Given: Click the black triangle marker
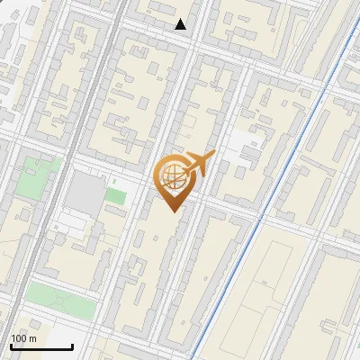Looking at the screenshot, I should [x=181, y=24].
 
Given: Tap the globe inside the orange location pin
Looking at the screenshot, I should [x=173, y=176].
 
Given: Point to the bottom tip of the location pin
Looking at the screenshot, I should [x=174, y=211].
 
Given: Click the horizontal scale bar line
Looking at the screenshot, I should [x=41, y=347].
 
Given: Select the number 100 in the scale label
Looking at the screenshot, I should [x=18, y=338].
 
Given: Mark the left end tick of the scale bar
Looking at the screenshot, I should [x=11, y=346].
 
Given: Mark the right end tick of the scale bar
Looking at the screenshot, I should [x=73, y=346].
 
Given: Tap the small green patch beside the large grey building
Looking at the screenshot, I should [x=114, y=194].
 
